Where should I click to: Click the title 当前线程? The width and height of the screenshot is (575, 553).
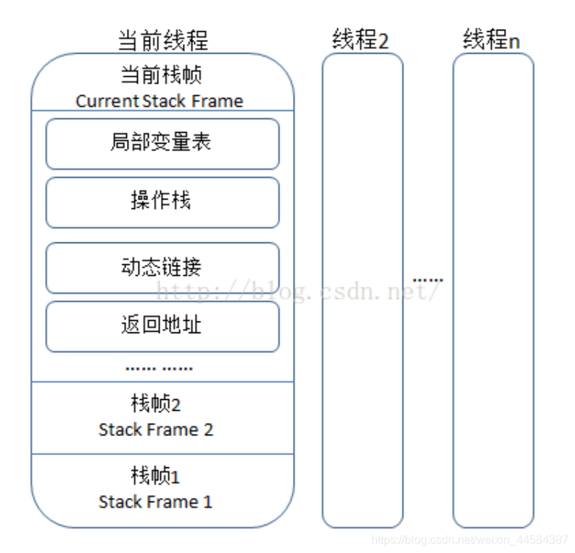click(x=162, y=39)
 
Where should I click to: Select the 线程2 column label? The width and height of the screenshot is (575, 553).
click(x=360, y=39)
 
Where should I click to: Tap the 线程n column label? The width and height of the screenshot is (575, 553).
click(x=492, y=39)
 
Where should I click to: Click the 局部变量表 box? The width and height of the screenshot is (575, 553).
click(x=162, y=143)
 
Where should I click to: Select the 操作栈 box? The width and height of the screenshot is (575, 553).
click(x=162, y=202)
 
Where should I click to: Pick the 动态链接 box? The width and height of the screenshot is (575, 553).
click(x=162, y=267)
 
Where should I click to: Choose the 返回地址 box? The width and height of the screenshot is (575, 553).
click(x=162, y=326)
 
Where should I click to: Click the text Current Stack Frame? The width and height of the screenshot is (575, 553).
click(x=160, y=101)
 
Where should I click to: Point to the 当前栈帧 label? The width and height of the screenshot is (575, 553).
click(x=161, y=75)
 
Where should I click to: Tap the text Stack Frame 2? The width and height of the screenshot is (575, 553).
click(x=156, y=430)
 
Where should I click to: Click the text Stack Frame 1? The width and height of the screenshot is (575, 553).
click(x=156, y=501)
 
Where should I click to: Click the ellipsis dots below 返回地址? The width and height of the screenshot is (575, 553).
click(x=159, y=368)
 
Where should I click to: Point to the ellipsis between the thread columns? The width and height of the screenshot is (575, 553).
click(x=428, y=279)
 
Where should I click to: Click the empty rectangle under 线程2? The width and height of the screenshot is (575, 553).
click(x=362, y=290)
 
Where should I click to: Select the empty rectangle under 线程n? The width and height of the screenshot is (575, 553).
click(x=493, y=290)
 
